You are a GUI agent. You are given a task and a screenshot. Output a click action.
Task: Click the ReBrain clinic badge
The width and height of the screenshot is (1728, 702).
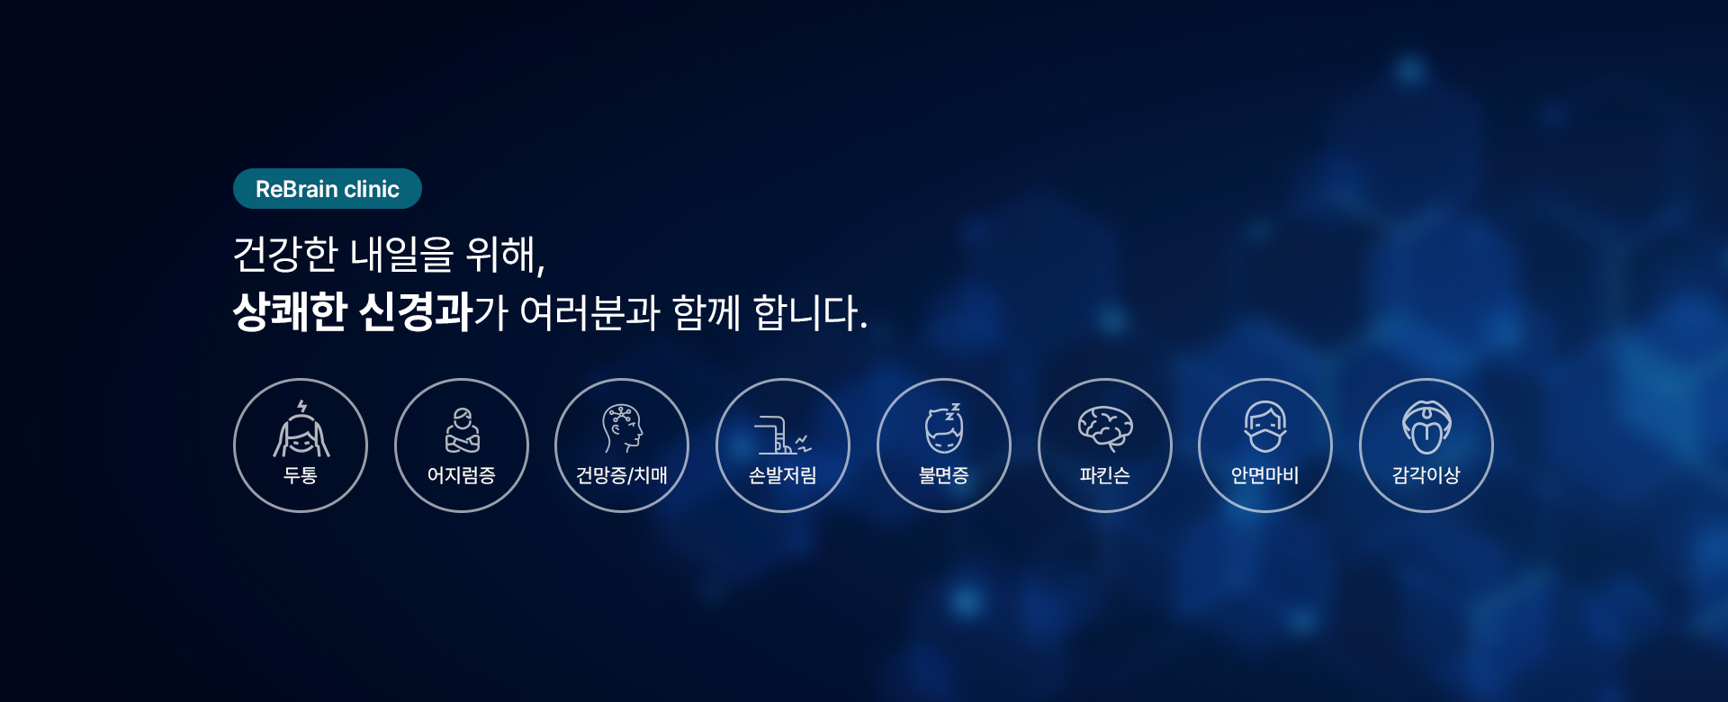click(328, 189)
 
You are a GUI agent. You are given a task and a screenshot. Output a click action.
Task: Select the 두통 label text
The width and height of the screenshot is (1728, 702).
click(301, 475)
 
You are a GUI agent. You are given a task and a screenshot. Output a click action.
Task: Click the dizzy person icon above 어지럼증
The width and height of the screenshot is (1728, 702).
click(463, 430)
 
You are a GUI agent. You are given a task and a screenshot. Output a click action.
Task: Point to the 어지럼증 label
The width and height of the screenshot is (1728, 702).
click(462, 475)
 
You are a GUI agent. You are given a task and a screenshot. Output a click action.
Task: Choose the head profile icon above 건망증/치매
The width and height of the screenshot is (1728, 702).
click(623, 428)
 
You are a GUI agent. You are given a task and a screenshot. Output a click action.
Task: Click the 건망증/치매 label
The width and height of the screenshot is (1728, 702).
click(622, 475)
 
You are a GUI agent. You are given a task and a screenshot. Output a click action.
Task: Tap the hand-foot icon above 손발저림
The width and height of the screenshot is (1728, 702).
click(783, 435)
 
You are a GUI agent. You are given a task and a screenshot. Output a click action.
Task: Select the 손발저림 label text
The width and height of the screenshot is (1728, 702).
click(783, 475)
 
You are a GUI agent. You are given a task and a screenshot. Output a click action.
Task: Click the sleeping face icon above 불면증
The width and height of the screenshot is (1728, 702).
click(944, 428)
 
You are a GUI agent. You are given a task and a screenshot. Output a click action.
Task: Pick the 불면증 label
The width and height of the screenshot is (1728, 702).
click(944, 475)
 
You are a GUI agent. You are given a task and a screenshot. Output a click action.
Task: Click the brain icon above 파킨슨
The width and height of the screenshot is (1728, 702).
click(1105, 428)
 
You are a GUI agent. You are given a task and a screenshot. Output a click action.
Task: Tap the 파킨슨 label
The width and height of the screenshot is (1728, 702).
click(1105, 475)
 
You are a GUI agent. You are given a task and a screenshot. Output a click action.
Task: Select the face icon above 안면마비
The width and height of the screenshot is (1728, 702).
click(1265, 427)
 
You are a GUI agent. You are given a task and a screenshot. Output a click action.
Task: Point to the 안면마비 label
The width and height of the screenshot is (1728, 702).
click(1265, 475)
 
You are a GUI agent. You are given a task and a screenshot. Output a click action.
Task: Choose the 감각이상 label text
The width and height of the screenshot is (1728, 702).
click(1426, 475)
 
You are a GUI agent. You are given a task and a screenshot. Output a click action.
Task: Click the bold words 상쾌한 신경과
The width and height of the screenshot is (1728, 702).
click(353, 312)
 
